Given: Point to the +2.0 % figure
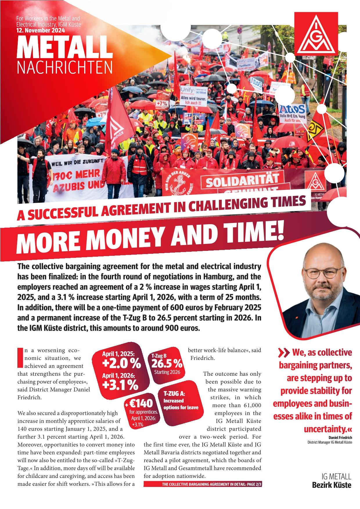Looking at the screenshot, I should click(121, 364).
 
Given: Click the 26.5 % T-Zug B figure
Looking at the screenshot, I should click(166, 364).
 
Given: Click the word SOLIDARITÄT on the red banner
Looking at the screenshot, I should click(242, 180).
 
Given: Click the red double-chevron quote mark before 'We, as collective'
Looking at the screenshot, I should click(283, 353).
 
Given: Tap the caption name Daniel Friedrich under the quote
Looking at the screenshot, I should click(340, 438).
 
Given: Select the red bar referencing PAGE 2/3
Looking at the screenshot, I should click(203, 485).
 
